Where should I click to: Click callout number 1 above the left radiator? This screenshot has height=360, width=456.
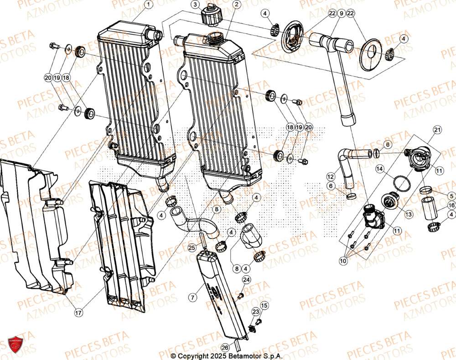pyautogui.click(x=147, y=5)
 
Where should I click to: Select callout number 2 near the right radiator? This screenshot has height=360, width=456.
pyautogui.click(x=236, y=5)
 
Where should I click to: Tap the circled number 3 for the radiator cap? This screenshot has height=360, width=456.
pyautogui.click(x=195, y=5)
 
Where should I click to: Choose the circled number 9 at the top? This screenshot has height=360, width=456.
pyautogui.click(x=340, y=14)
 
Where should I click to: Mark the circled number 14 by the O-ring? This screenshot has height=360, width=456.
pyautogui.click(x=379, y=169)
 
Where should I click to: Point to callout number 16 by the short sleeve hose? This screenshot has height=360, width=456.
pyautogui.click(x=451, y=205)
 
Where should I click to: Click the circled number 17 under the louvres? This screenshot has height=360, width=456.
pyautogui.click(x=79, y=313)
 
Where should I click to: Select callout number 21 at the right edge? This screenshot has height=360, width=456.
pyautogui.click(x=437, y=131)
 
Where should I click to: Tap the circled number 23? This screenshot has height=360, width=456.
pyautogui.click(x=255, y=312)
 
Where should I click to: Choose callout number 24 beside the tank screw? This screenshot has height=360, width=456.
pyautogui.click(x=246, y=279)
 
